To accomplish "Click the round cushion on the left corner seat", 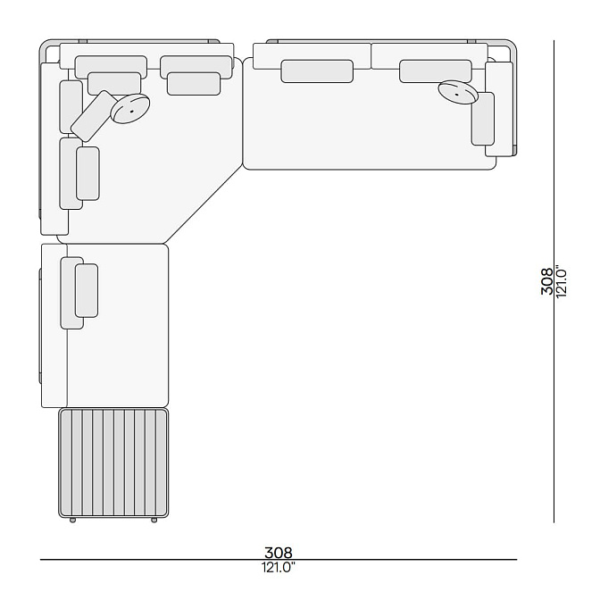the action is click(x=130, y=109).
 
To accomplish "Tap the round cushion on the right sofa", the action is click(x=458, y=92).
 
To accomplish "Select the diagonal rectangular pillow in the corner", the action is click(x=95, y=116).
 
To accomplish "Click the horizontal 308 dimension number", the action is click(x=279, y=553).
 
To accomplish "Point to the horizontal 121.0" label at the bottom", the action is click(x=279, y=567).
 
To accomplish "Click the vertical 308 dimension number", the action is click(x=546, y=281).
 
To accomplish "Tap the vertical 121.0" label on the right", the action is click(x=561, y=281).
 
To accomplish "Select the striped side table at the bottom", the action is click(x=113, y=462).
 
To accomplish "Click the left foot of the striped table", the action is click(x=72, y=520).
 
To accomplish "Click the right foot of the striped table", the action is click(x=154, y=520).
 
